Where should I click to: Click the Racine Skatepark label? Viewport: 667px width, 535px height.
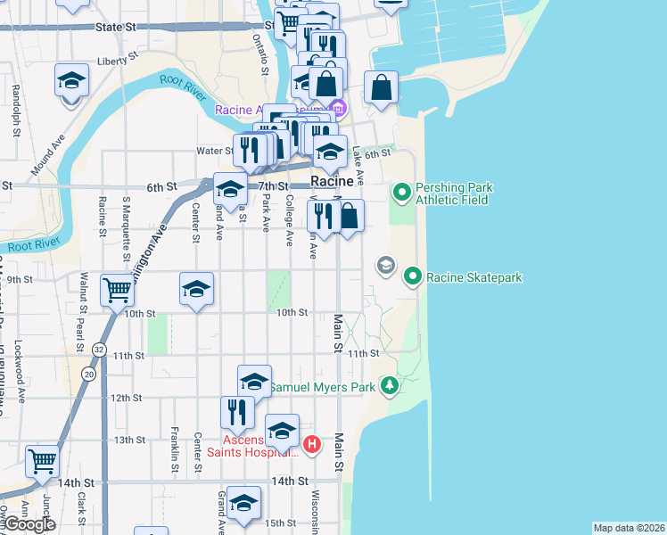coord(473,277)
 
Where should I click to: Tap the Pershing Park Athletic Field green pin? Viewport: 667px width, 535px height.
coord(402,192)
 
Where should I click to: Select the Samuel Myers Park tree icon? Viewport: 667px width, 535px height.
coord(389,385)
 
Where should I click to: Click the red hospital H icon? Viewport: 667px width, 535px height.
coord(312,444)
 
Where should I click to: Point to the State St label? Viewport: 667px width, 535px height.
coord(120,28)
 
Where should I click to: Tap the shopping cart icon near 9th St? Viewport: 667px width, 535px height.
coord(118,289)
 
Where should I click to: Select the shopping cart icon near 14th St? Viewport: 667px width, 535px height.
coord(42,461)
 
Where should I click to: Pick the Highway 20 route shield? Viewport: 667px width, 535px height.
coord(88,374)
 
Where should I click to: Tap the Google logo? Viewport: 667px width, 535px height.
coord(29,524)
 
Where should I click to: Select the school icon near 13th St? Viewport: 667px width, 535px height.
coord(282,431)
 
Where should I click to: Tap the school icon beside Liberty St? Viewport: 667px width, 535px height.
coord(72,80)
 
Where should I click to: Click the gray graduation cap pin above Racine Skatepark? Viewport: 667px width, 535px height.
coord(385,265)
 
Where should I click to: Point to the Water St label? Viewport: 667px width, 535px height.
coord(215,151)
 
